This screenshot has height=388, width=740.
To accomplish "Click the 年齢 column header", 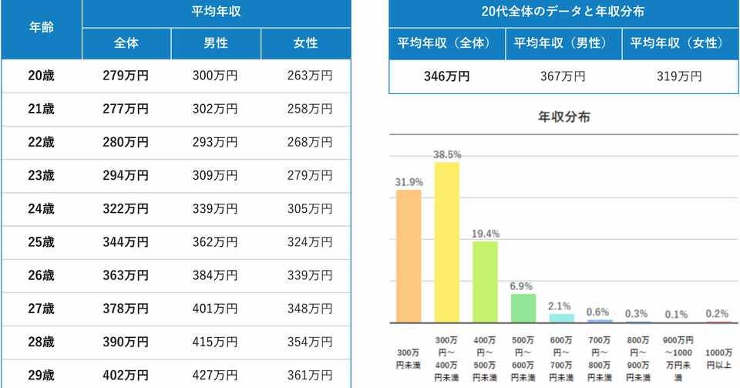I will [41, 27].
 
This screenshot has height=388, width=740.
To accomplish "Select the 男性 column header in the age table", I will [216, 43].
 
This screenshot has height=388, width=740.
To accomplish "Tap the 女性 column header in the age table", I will [306, 43].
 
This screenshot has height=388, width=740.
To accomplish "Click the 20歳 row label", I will [41, 76].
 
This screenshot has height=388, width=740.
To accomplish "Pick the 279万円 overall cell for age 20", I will [126, 76].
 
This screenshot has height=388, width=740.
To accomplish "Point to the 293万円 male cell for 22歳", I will [215, 142].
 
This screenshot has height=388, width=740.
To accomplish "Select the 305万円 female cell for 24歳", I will [306, 208].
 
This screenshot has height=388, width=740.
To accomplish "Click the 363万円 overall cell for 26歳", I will [126, 275].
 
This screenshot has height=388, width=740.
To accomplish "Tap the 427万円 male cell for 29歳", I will [215, 375].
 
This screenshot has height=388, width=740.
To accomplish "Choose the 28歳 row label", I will [41, 342].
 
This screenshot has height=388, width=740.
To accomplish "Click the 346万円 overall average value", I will [446, 76].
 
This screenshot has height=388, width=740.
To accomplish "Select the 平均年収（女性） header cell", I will [678, 43].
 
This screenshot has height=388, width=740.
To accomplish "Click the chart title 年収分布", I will [563, 118].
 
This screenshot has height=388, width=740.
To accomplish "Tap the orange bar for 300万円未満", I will [409, 256].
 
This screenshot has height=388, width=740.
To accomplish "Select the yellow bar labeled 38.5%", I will [447, 242].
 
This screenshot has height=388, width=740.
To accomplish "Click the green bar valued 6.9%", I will [523, 308].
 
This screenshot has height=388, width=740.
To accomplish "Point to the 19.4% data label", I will [486, 234].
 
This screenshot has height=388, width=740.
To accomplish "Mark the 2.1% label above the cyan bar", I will [562, 306].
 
